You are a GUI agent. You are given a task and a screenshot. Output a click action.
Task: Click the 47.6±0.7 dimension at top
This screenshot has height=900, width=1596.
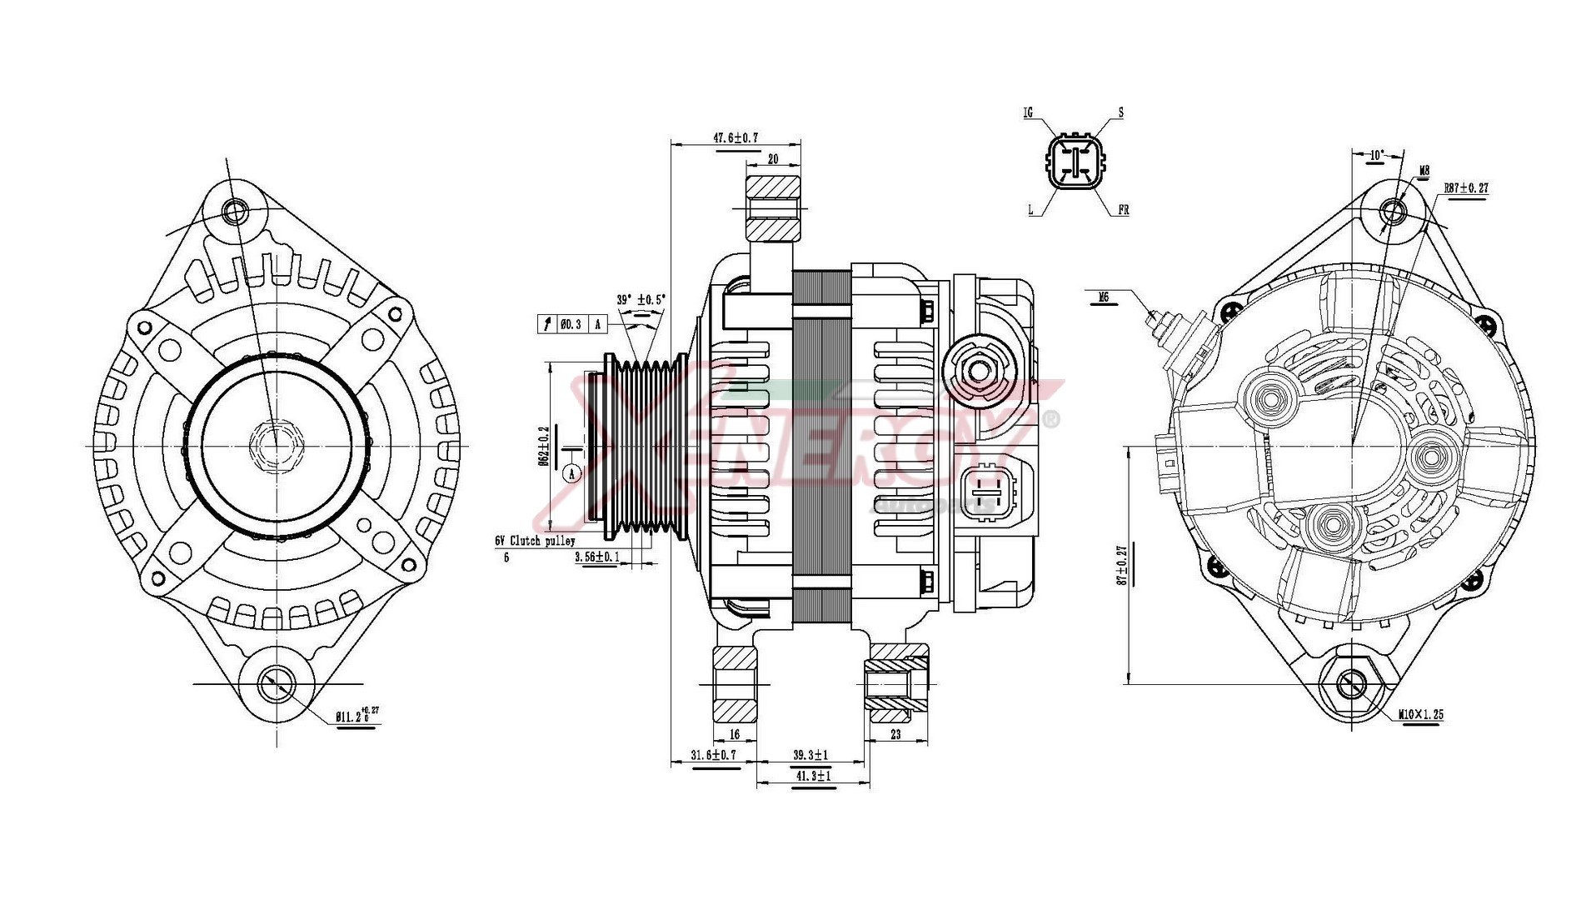pyautogui.click(x=736, y=137)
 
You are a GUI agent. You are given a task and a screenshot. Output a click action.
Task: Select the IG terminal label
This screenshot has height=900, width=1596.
pyautogui.click(x=1029, y=112)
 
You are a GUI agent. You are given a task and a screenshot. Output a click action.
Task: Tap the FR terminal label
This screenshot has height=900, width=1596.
pyautogui.click(x=1123, y=211)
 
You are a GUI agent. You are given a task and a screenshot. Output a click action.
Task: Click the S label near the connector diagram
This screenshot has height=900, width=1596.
pyautogui.click(x=1120, y=112)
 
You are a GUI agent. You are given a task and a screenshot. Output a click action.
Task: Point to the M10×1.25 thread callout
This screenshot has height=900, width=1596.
pyautogui.click(x=1420, y=714)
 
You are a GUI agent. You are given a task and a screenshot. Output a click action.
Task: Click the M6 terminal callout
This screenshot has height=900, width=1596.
pyautogui.click(x=1104, y=296)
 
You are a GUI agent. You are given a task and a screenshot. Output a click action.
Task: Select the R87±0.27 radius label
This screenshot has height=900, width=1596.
pyautogui.click(x=1466, y=188)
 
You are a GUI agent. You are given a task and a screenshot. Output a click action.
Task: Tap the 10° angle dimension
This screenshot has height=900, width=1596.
pyautogui.click(x=1377, y=155)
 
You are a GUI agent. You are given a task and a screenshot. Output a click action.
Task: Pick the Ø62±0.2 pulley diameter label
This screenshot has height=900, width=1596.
pyautogui.click(x=544, y=446)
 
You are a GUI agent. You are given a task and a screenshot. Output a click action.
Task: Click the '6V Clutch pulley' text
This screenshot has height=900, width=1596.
pyautogui.click(x=535, y=541)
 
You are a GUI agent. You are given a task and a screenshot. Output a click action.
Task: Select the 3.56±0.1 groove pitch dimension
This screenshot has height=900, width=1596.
pyautogui.click(x=596, y=557)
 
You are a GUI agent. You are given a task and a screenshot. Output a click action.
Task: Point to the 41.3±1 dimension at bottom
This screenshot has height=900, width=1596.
pyautogui.click(x=812, y=776)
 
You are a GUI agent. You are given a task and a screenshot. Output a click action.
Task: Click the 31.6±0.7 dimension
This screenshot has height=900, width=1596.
pyautogui.click(x=714, y=755)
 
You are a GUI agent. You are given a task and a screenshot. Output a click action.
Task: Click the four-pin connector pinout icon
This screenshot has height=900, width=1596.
pyautogui.click(x=1075, y=162)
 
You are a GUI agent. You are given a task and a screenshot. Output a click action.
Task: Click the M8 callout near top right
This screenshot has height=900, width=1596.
pyautogui.click(x=1424, y=171)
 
